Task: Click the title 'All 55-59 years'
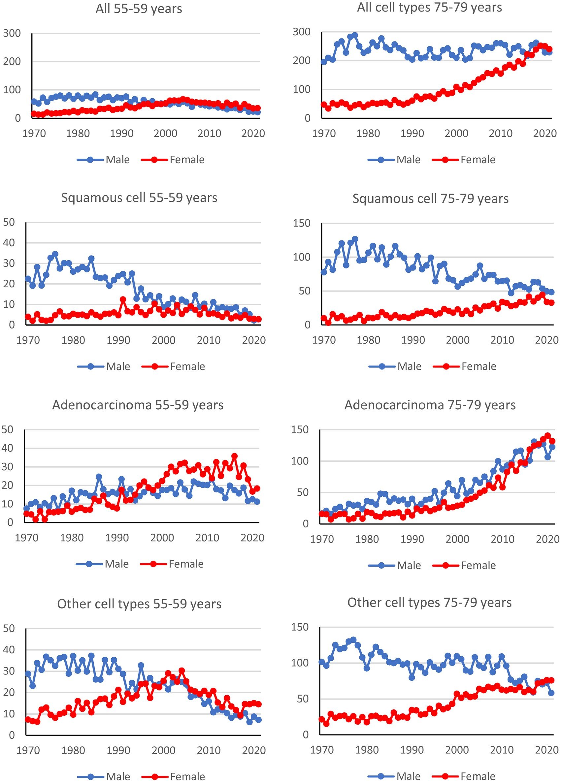(139, 9)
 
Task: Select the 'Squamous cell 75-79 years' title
(430, 199)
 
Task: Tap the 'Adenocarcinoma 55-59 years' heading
(138, 405)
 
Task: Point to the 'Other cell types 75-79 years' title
(429, 602)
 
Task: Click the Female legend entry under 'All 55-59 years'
(187, 160)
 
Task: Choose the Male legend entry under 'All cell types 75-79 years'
(408, 160)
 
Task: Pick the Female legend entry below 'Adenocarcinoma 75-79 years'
(478, 565)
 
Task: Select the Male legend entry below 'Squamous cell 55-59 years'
(118, 366)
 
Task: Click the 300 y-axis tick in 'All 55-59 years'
(12, 33)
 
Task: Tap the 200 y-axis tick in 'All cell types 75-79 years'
(302, 61)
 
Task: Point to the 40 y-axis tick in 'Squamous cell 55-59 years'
(9, 243)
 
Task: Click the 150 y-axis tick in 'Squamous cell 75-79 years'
(302, 223)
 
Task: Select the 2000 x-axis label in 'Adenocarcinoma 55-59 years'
(162, 538)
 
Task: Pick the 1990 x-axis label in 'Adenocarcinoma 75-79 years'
(412, 539)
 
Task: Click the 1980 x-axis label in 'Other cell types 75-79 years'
(367, 750)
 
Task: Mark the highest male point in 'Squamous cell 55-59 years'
(55, 255)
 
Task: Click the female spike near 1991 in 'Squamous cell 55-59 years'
(123, 299)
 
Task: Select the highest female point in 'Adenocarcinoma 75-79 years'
(547, 435)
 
